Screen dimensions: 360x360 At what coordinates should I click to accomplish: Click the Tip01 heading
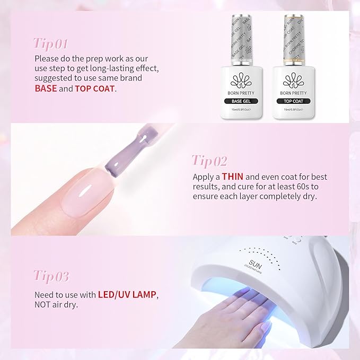tap(51, 42)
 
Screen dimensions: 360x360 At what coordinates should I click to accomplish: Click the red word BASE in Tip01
tap(46, 88)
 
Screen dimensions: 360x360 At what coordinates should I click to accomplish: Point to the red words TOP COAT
tap(94, 88)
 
